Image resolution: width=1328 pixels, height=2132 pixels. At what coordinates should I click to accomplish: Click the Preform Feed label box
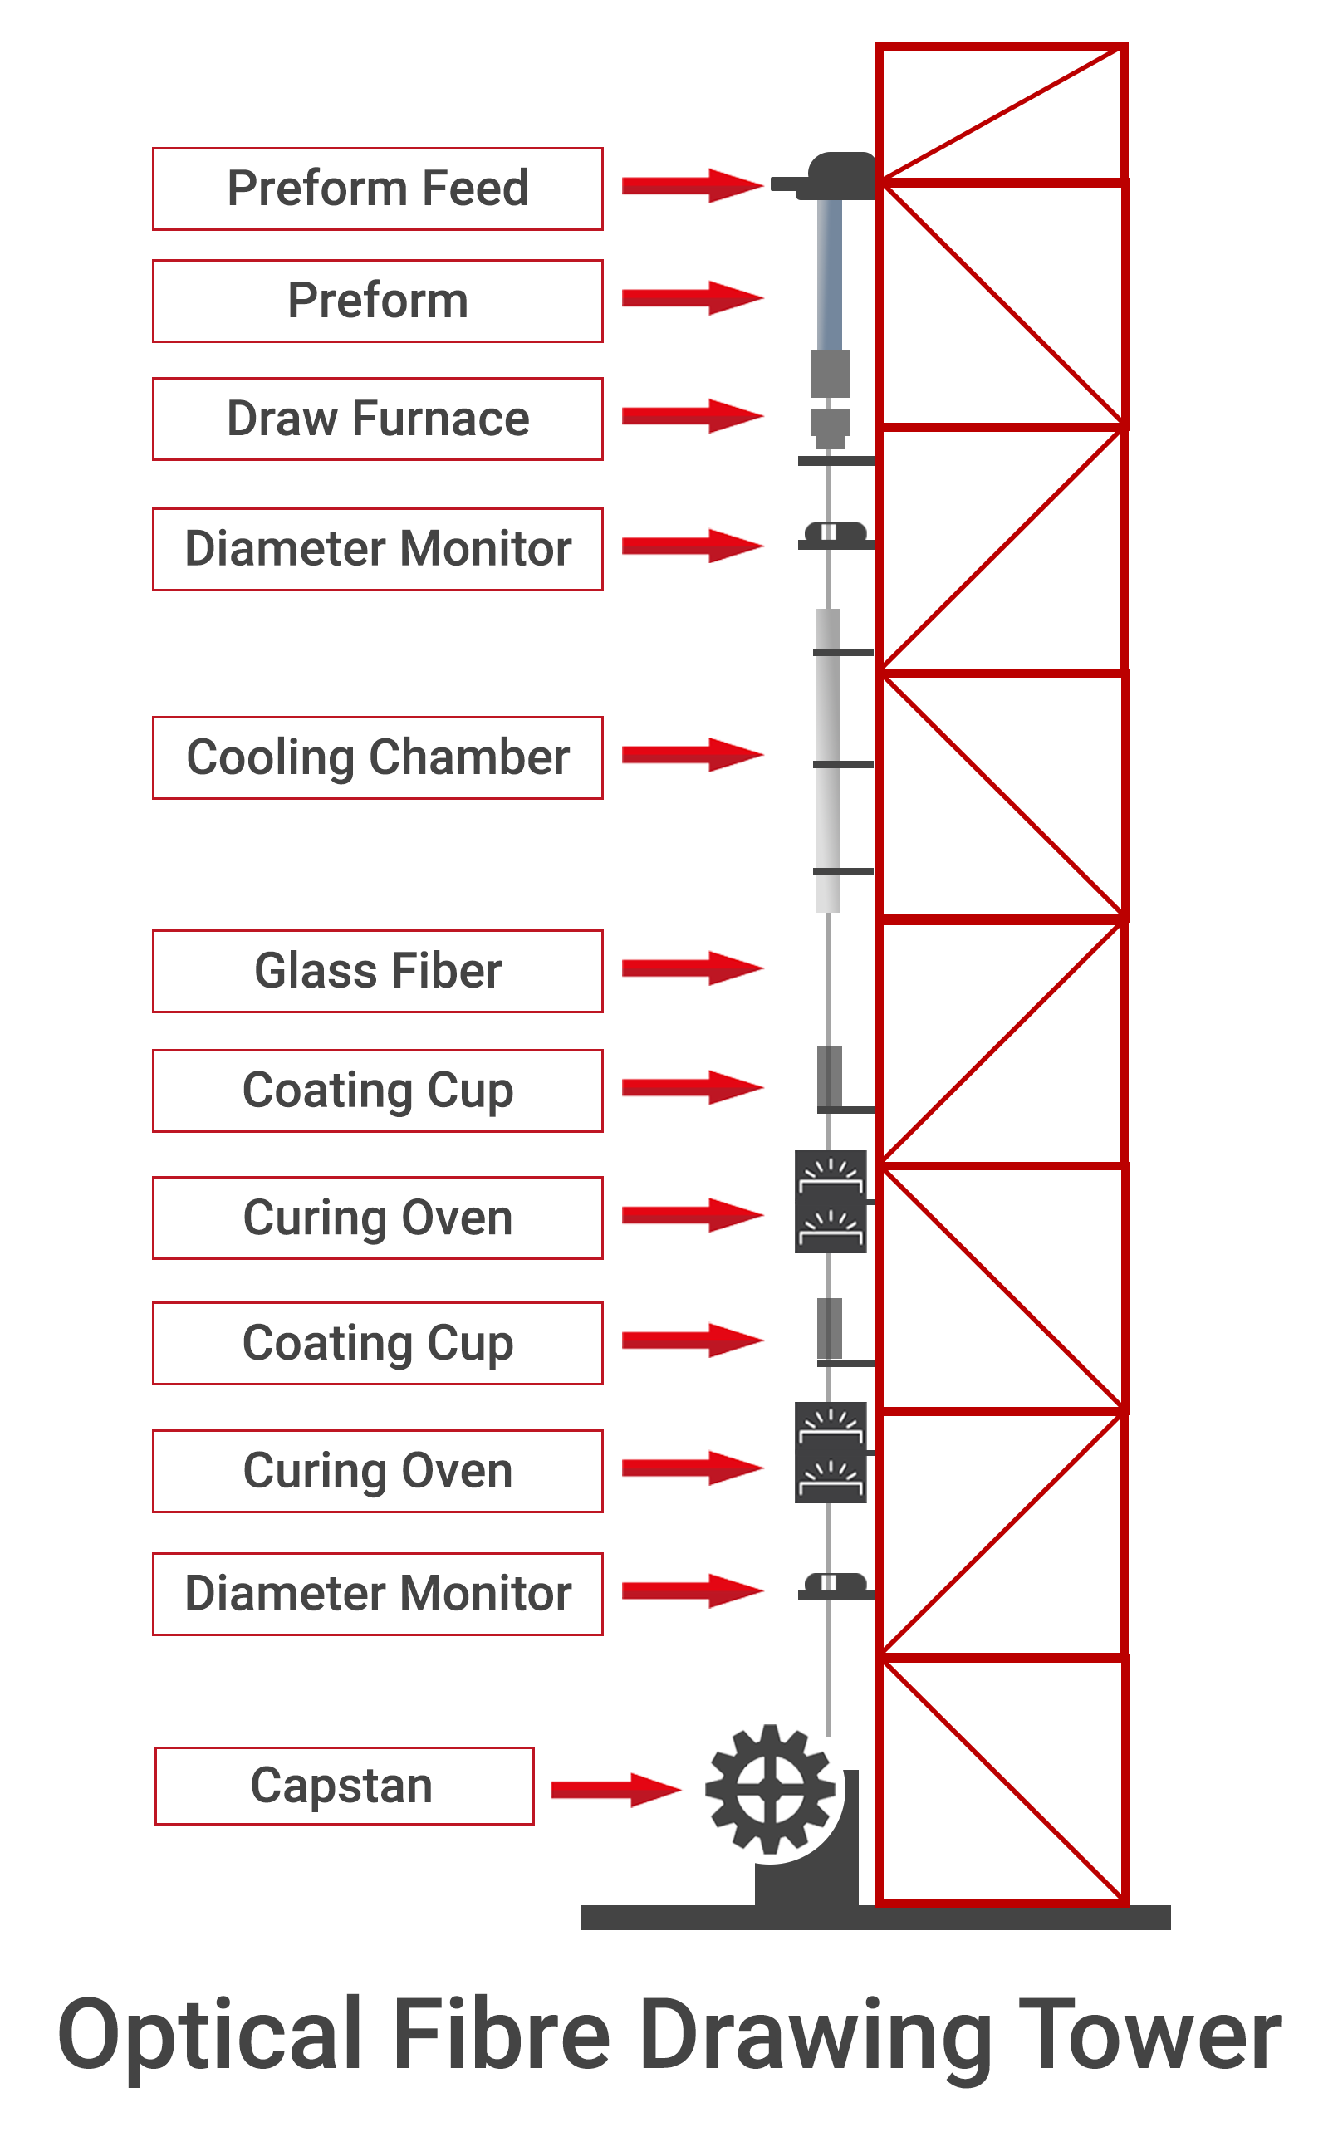coord(378,189)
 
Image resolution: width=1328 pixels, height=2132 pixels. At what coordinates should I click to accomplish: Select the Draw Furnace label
coord(378,419)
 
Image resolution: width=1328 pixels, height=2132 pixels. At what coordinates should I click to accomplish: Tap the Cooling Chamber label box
coord(378,757)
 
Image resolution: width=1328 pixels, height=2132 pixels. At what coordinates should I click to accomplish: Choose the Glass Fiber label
coord(378,971)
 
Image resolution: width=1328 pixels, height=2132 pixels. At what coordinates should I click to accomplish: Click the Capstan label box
coord(345,1786)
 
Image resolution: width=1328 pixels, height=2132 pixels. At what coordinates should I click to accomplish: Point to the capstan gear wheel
coord(770,1790)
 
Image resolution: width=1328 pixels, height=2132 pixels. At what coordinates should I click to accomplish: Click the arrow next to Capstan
coord(615,1790)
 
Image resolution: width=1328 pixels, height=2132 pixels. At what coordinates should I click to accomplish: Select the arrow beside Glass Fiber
coord(692,968)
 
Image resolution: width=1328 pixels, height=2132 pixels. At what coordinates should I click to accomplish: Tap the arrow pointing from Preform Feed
coord(692,185)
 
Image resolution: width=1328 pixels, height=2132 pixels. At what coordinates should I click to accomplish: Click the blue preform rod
coord(829,274)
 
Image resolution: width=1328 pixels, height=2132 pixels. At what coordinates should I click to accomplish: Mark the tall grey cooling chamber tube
coord(827,760)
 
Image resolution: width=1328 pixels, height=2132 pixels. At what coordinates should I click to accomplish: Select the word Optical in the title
coord(211,2036)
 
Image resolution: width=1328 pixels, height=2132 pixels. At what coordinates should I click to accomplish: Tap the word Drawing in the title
coord(817,2036)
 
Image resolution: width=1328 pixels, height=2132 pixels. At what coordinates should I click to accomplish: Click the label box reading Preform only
coord(378,301)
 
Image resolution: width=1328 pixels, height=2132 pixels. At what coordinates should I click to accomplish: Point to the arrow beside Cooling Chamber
coord(692,754)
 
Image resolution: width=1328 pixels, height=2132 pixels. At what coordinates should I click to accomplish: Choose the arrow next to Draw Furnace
coord(692,415)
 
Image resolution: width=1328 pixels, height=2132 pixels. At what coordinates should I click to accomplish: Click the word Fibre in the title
coord(502,2036)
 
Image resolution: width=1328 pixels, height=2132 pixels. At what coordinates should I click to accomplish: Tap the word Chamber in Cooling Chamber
coord(469,757)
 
